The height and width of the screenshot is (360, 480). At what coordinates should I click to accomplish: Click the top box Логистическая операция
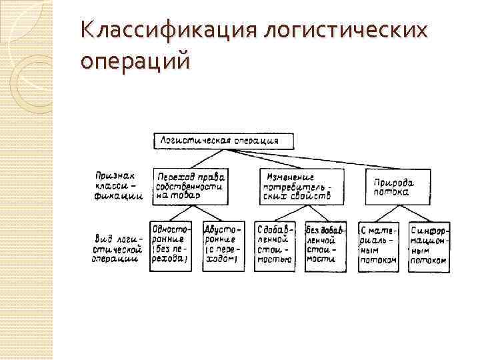tap(226, 141)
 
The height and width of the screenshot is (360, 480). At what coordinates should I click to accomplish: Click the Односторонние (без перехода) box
tap(171, 245)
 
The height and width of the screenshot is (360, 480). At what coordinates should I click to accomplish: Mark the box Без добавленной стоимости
tap(325, 245)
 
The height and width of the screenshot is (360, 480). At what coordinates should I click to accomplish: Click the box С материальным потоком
tap(378, 245)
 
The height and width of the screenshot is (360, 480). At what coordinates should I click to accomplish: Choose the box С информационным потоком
tap(428, 245)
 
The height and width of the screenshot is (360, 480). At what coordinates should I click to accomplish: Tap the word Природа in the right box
tap(393, 181)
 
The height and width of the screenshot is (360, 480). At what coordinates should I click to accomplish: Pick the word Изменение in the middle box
tap(291, 177)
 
